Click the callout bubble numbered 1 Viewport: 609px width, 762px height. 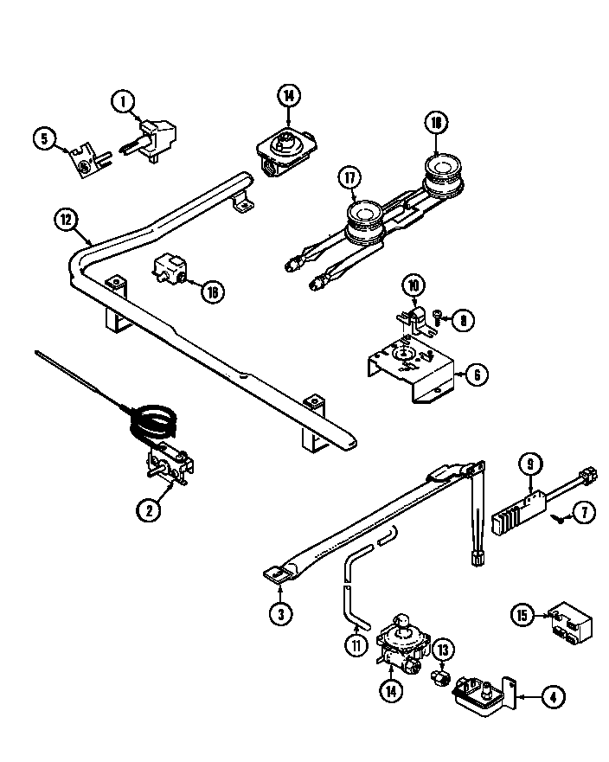pyautogui.click(x=124, y=103)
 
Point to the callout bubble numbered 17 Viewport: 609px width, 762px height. pyautogui.click(x=348, y=179)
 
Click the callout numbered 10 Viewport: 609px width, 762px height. pyautogui.click(x=413, y=285)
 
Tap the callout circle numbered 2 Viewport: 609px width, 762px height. pyautogui.click(x=149, y=510)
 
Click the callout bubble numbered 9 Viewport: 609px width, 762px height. pyautogui.click(x=529, y=465)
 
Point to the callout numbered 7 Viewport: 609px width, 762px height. pyautogui.click(x=585, y=513)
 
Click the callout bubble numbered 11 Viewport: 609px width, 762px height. pyautogui.click(x=356, y=644)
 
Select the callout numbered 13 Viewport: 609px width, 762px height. pyautogui.click(x=443, y=651)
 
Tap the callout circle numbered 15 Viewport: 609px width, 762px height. pyautogui.click(x=522, y=615)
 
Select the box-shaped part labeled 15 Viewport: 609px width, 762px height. pyautogui.click(x=567, y=622)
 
